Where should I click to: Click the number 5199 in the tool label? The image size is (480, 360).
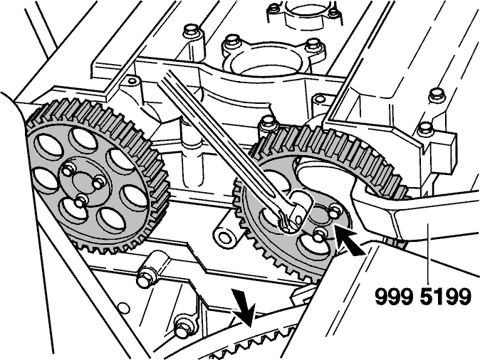click(x=445, y=296)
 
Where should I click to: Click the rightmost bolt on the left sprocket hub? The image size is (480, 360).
click(x=98, y=183)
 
